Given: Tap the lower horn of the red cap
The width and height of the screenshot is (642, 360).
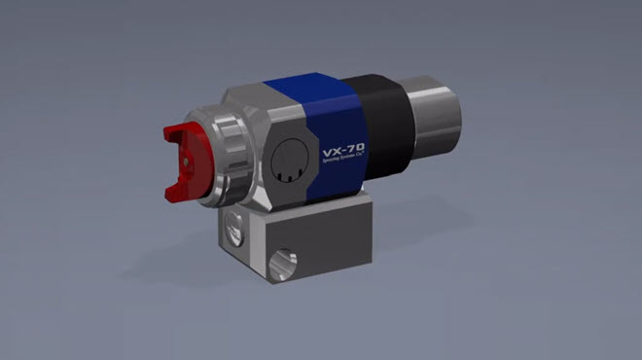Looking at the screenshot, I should [x=176, y=196].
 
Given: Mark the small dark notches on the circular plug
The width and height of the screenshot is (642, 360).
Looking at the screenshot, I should [x=285, y=174].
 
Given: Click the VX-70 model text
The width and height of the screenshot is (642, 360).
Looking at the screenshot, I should [x=343, y=155].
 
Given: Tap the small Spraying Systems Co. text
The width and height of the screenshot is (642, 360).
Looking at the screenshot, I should [x=343, y=167].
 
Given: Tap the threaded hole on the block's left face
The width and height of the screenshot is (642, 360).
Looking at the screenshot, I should [x=231, y=233].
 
